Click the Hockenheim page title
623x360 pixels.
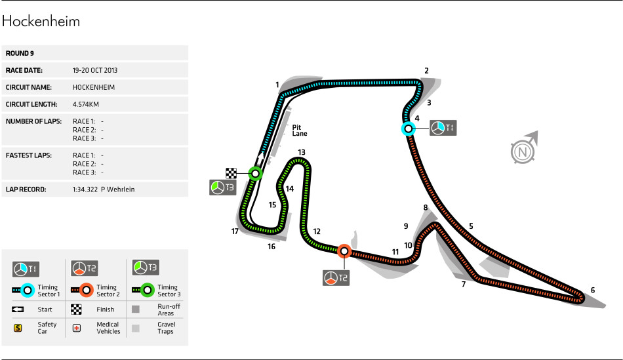tap(41, 22)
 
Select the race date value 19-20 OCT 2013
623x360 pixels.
tap(95, 70)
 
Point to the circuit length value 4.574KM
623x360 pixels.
tap(86, 104)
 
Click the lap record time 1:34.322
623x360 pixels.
tap(85, 190)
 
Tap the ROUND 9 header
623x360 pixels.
tap(20, 53)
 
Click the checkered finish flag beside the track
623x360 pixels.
tap(231, 173)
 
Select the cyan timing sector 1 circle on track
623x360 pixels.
tap(408, 129)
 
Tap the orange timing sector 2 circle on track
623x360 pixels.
tap(344, 251)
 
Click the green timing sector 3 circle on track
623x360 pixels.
tap(255, 174)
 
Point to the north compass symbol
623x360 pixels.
tap(524, 149)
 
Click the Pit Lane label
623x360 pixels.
tap(300, 130)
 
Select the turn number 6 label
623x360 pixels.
tap(593, 290)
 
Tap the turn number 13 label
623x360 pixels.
tap(302, 152)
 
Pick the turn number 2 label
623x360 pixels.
tap(426, 71)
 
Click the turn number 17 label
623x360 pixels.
tap(235, 231)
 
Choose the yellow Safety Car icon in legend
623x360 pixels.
tap(18, 328)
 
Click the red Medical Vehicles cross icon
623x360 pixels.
tap(77, 328)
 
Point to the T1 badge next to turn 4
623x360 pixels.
tap(443, 128)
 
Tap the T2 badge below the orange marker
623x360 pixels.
tap(336, 278)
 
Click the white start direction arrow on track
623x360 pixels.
tap(260, 158)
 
